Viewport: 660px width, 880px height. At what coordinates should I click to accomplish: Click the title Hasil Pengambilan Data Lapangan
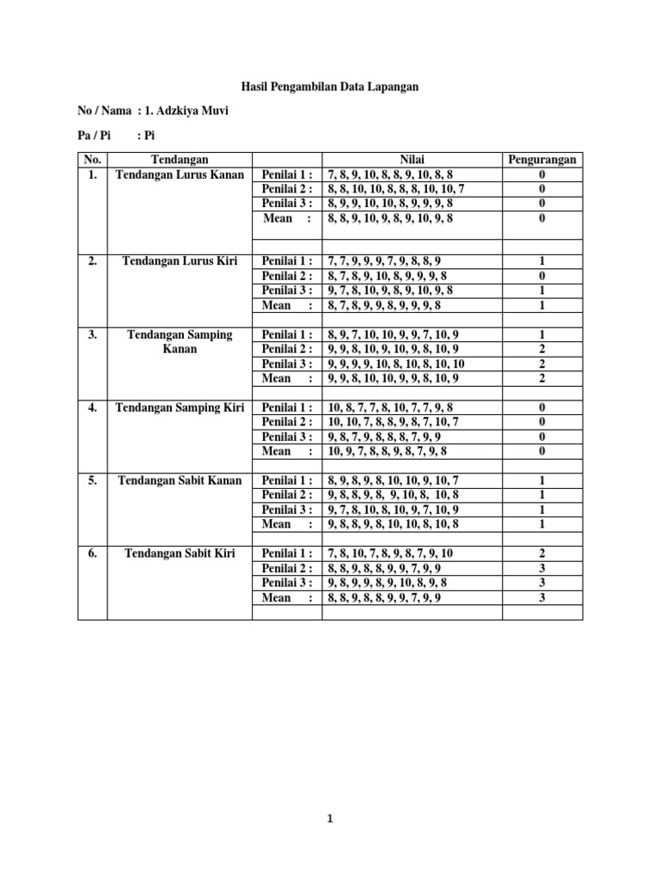329,88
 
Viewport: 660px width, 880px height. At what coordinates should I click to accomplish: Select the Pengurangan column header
541,160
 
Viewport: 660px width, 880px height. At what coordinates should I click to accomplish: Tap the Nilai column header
412,160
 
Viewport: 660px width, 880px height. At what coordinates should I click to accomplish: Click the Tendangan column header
179,160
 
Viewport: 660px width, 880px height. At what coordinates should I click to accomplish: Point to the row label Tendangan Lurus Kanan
179,174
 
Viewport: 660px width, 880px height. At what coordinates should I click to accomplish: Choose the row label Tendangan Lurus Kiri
179,260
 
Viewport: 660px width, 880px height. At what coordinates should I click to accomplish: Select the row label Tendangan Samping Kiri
179,407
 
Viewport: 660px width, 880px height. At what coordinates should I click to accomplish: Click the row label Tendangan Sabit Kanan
179,480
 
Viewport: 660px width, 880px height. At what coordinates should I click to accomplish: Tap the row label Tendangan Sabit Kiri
179,553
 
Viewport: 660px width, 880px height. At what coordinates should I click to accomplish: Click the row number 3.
92,334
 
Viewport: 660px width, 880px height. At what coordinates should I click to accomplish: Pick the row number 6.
92,553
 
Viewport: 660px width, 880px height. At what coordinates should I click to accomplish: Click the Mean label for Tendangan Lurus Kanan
287,218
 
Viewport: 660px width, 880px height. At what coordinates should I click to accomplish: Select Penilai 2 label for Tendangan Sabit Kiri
287,569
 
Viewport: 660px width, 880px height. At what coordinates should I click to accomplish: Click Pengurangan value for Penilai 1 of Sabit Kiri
541,554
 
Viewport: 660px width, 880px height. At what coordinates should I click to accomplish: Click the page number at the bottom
329,819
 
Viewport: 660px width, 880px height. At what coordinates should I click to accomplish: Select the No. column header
92,160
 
